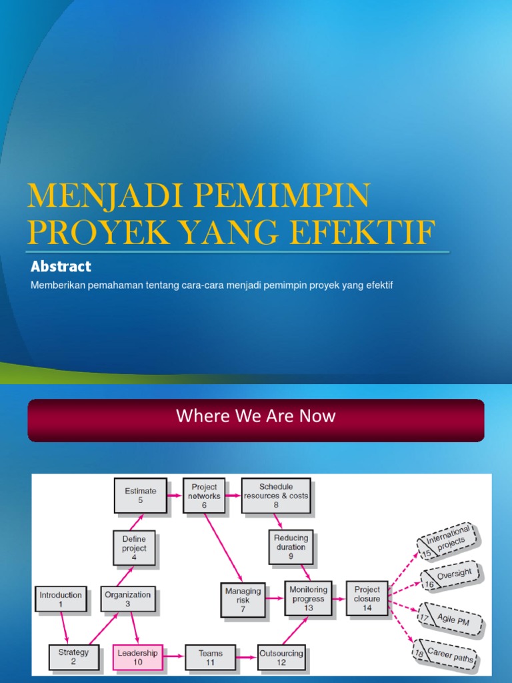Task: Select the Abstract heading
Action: click(x=61, y=267)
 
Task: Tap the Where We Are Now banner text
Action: click(x=256, y=417)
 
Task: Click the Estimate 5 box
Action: click(x=140, y=496)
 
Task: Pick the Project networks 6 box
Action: click(x=204, y=496)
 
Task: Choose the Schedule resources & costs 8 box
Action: click(x=276, y=496)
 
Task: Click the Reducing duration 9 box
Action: click(x=291, y=547)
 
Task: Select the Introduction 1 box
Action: click(x=61, y=599)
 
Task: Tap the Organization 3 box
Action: click(x=128, y=599)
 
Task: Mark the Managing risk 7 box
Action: click(x=243, y=600)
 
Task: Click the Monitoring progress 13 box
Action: click(x=308, y=598)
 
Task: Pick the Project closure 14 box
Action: click(x=367, y=598)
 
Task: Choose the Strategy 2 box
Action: click(x=73, y=656)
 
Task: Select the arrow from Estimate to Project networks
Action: click(x=175, y=496)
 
